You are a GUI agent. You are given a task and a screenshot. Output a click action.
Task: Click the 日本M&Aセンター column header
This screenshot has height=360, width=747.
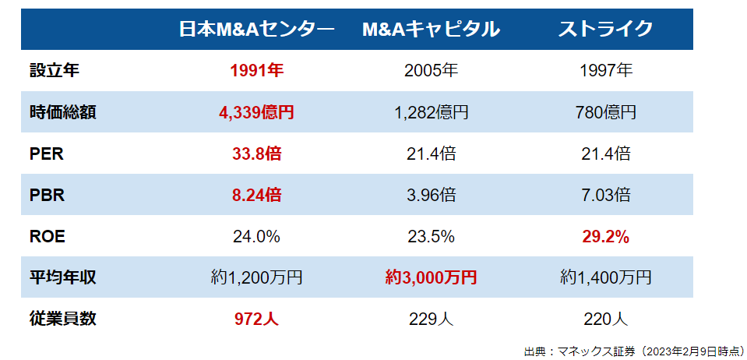(256, 30)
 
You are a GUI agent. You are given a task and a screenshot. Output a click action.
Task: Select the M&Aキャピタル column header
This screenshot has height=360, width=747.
(431, 30)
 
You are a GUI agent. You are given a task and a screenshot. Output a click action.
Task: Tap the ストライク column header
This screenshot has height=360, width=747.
(605, 30)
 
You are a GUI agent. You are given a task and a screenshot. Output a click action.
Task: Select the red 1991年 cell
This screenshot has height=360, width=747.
(256, 71)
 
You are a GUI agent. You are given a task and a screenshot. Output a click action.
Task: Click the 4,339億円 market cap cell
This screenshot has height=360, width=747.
(256, 112)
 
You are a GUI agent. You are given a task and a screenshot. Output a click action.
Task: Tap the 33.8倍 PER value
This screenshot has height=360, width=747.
(256, 154)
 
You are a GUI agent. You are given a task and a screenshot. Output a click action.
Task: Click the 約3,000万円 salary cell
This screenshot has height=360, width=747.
(431, 277)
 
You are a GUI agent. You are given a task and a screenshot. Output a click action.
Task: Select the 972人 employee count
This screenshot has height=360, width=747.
(256, 319)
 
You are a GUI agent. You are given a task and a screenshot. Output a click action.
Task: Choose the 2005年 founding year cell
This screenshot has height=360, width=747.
(431, 71)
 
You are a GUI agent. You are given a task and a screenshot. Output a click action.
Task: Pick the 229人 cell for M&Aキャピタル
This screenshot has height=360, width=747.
(431, 319)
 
